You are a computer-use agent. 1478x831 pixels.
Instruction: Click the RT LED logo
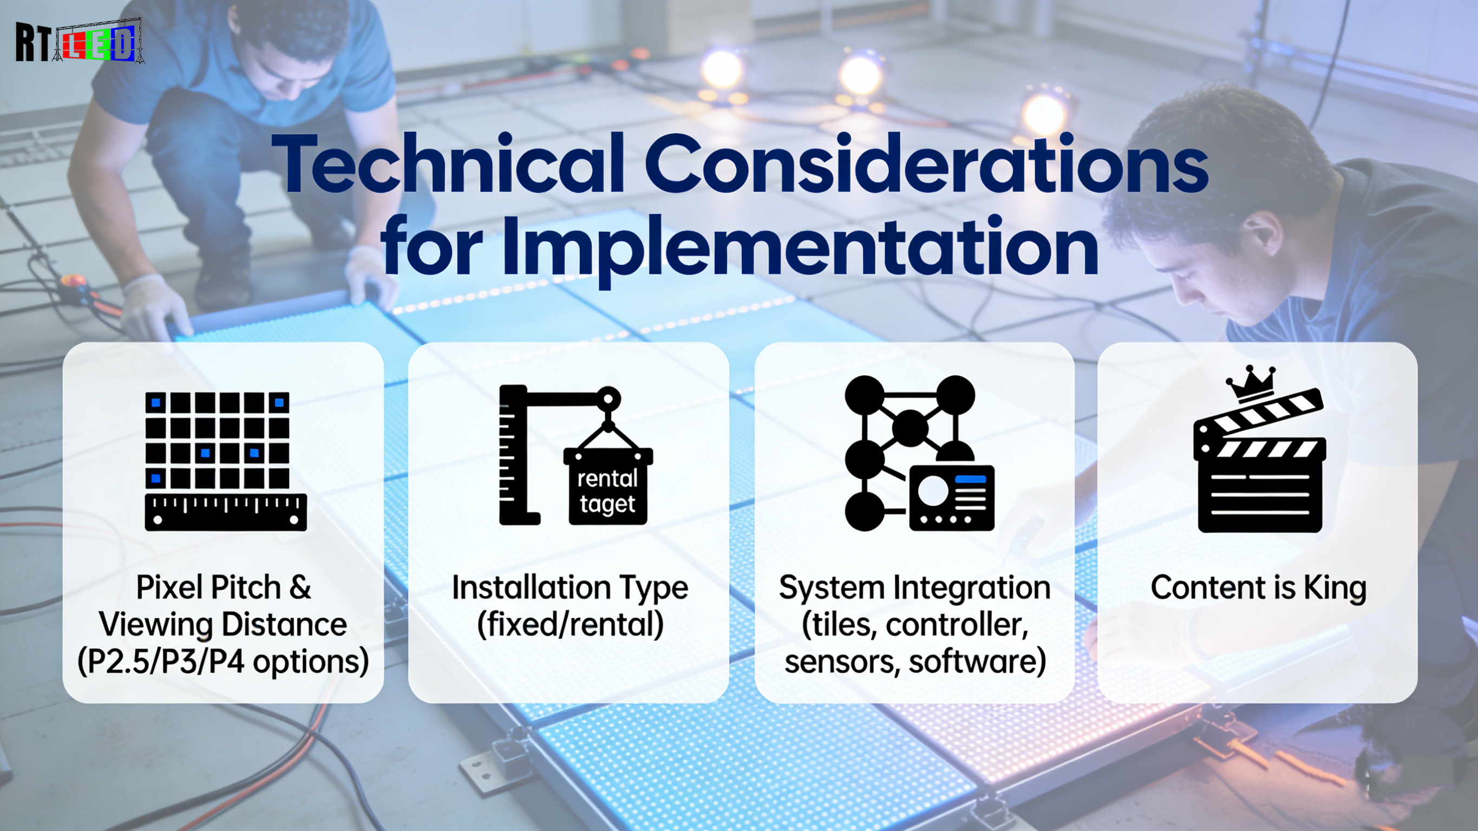(80, 41)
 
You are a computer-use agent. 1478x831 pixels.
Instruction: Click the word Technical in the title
(448, 164)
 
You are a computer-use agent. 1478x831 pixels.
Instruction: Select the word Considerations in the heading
(927, 164)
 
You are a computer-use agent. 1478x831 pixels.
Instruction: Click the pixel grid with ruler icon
(225, 461)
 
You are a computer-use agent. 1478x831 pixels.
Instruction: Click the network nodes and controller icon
(919, 453)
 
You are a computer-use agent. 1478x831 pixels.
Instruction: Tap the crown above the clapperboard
(1250, 383)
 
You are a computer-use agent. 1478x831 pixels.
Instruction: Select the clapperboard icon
(1259, 459)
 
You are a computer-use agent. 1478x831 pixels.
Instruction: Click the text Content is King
(1258, 588)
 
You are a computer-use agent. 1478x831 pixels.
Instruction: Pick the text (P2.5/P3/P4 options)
(223, 662)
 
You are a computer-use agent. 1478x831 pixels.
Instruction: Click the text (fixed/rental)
(570, 624)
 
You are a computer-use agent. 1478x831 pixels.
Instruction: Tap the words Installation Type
(570, 588)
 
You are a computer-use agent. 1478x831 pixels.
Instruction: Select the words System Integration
(914, 588)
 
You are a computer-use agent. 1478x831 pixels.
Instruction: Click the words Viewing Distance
(223, 624)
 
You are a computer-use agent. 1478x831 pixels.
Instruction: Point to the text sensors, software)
(914, 662)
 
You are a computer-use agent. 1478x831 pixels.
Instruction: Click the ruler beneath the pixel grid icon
(225, 512)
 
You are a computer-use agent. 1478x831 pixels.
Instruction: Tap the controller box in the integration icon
(952, 498)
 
